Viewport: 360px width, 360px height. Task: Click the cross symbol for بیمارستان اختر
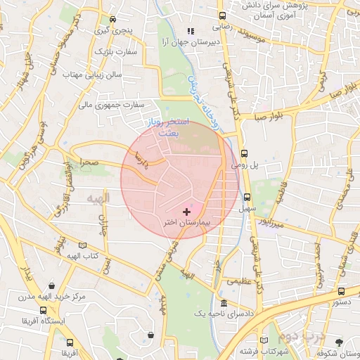coord(186,212)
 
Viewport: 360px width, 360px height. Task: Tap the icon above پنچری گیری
coord(113,20)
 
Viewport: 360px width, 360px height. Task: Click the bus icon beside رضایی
coord(222,15)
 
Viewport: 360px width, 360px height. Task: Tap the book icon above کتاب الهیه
coord(83,245)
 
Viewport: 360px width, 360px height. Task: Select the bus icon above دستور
coord(341,290)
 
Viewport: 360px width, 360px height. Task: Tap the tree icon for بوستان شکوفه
coord(340,342)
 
